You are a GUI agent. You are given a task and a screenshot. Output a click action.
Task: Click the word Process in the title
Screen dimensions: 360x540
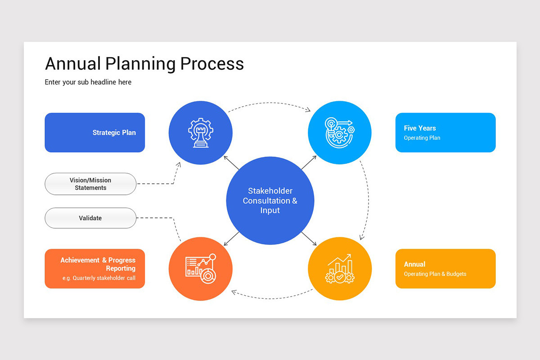(x=212, y=63)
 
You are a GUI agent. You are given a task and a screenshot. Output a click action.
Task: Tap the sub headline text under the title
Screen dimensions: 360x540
(x=88, y=82)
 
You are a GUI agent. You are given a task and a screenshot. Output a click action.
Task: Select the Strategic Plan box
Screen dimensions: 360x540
(x=95, y=132)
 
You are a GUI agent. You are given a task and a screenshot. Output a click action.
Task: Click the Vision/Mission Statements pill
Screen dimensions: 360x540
(x=90, y=184)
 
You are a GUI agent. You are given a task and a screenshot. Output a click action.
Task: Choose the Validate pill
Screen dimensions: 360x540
(x=90, y=218)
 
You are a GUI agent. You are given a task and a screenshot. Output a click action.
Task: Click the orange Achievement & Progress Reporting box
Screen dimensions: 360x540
(x=95, y=269)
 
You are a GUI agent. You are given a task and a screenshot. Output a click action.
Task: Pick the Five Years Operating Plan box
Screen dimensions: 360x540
(x=445, y=132)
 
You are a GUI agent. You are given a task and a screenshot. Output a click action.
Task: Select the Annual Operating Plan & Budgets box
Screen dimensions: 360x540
(x=445, y=269)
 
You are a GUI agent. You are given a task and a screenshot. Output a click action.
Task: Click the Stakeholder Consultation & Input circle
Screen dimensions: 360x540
(x=270, y=201)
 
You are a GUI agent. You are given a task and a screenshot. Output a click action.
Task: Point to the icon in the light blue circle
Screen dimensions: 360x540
(x=340, y=133)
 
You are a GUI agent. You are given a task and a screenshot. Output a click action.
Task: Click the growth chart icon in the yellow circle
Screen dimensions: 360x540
(x=340, y=269)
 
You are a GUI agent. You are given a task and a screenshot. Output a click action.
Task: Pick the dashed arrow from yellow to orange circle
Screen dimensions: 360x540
(x=270, y=297)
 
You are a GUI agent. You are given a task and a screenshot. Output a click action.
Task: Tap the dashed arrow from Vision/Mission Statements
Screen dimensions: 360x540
(x=157, y=184)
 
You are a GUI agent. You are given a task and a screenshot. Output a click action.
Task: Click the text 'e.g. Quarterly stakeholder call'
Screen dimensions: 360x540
(x=99, y=278)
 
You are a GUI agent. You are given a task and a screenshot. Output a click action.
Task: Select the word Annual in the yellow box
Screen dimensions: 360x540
(x=414, y=264)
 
